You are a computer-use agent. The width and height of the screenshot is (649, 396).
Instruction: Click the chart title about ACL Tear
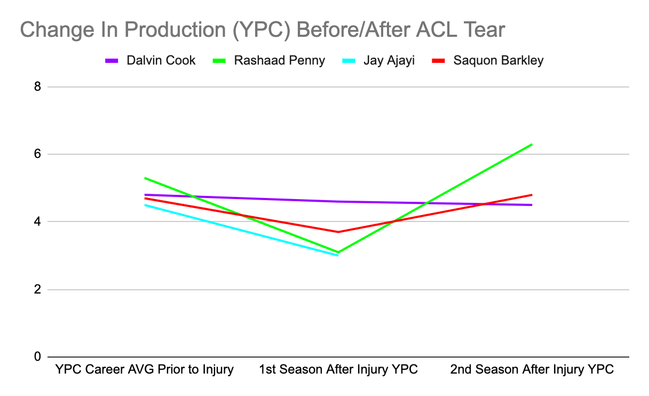pos(262,30)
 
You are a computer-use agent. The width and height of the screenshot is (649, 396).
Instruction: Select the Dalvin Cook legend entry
pos(161,60)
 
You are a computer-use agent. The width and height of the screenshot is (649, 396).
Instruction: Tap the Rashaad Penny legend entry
pos(279,60)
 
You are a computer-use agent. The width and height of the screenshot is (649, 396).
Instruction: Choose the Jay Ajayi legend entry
pos(389,60)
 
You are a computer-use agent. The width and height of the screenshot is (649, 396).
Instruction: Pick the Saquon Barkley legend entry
pos(498,60)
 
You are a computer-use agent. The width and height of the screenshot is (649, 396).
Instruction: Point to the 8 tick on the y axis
pos(37,86)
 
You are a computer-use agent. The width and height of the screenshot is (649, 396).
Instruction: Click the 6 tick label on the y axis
pos(37,154)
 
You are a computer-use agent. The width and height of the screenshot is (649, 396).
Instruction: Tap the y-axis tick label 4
pos(37,221)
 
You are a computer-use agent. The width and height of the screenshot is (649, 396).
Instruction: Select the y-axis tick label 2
pos(37,289)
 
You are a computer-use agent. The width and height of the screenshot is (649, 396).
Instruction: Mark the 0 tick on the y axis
pos(37,357)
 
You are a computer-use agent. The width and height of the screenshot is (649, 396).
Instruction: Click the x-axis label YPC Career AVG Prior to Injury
pos(145,369)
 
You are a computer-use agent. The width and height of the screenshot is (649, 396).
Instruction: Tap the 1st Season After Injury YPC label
pos(338,369)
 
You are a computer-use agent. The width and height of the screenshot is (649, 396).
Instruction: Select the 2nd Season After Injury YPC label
pos(532,369)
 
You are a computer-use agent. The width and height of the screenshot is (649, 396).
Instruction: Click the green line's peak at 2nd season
pos(532,144)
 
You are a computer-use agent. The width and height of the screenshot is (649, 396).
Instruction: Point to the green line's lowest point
pos(338,252)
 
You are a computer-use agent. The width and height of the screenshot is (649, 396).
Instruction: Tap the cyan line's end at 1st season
pos(338,255)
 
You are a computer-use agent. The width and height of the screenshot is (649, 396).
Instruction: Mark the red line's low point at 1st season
pos(338,232)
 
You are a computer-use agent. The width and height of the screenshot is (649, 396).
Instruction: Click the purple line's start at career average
pos(145,195)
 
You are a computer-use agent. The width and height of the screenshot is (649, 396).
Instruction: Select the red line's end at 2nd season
pos(532,195)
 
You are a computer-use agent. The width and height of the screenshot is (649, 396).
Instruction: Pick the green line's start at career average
pos(145,178)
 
